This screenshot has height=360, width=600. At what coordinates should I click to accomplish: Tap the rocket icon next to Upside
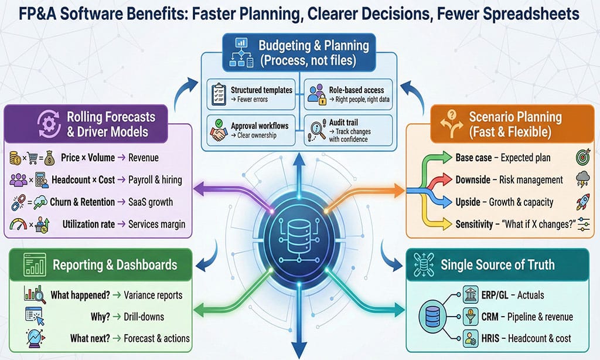(582, 202)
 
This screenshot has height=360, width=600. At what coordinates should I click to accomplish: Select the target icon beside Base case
(582, 158)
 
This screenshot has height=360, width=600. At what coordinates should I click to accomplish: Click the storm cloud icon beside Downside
(582, 179)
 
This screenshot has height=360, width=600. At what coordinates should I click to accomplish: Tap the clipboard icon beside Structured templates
(219, 94)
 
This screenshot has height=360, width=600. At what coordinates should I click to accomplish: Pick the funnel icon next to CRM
(470, 317)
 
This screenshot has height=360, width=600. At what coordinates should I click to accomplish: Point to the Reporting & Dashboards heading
(115, 264)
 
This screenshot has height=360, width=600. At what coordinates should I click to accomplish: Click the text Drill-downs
(144, 317)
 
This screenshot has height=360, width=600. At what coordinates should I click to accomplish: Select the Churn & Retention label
(83, 202)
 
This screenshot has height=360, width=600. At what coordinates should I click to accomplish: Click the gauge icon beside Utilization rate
(18, 223)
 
